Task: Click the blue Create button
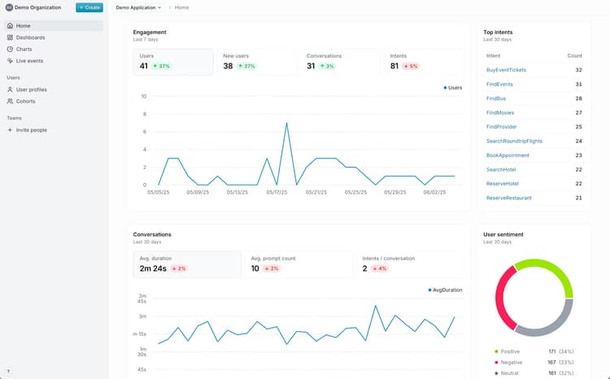pyautogui.click(x=89, y=7)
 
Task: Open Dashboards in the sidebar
pyautogui.click(x=30, y=37)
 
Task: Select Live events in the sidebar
pyautogui.click(x=29, y=60)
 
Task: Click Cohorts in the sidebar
pyautogui.click(x=25, y=101)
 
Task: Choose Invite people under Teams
pyautogui.click(x=31, y=129)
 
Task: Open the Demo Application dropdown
pyautogui.click(x=138, y=7)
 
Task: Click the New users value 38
pyautogui.click(x=228, y=66)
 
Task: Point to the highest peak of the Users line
pyautogui.click(x=286, y=124)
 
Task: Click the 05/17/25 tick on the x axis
pyautogui.click(x=277, y=193)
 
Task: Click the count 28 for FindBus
pyautogui.click(x=578, y=98)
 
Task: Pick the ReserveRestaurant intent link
pyautogui.click(x=508, y=198)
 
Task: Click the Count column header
pyautogui.click(x=574, y=55)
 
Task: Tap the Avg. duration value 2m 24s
pyautogui.click(x=152, y=268)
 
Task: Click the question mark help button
pyautogui.click(x=8, y=371)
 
